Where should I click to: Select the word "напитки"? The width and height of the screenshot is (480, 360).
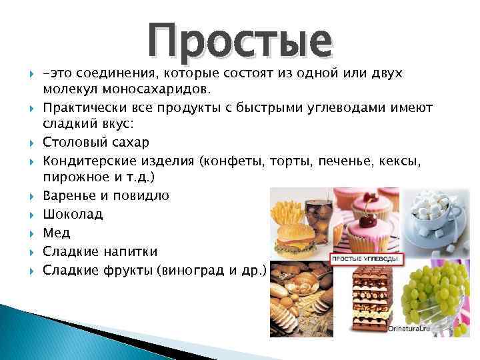134,251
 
